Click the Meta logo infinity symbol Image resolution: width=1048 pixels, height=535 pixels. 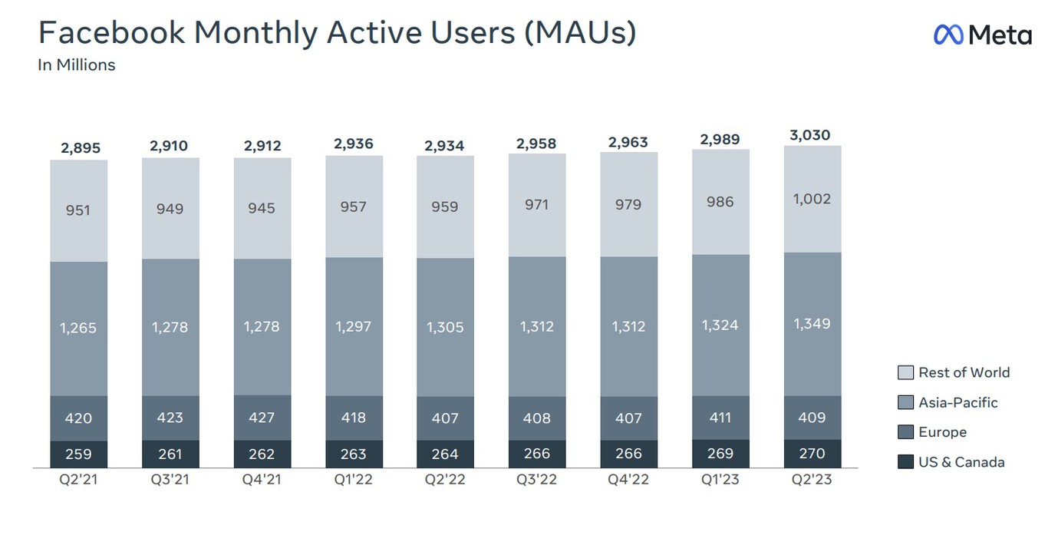click(948, 35)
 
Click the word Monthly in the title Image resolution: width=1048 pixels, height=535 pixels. click(255, 34)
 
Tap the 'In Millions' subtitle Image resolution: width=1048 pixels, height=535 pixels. click(76, 65)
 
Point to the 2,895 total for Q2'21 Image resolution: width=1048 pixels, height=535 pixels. click(81, 148)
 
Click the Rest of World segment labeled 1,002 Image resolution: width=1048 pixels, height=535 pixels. click(812, 199)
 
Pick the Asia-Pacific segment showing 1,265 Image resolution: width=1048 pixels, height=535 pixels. click(78, 329)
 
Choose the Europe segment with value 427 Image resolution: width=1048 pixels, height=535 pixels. click(262, 418)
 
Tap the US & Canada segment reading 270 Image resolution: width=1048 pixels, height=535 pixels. click(812, 454)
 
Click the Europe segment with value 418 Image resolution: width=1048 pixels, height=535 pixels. click(354, 418)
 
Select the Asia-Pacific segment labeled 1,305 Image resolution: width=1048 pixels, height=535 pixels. click(446, 327)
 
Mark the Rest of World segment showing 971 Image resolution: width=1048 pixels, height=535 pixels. click(537, 205)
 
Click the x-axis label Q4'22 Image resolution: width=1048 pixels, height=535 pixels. click(628, 480)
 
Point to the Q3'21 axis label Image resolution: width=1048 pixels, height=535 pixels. click(170, 480)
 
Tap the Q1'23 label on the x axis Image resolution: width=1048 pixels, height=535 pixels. click(720, 480)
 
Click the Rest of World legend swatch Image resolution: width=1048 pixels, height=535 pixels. click(906, 372)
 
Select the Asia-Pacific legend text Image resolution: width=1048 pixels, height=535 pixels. click(957, 402)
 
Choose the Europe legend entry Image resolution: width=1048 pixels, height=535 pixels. click(932, 432)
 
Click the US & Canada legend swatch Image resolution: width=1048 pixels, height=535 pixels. click(906, 462)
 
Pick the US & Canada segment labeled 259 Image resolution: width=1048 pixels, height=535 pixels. click(78, 454)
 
